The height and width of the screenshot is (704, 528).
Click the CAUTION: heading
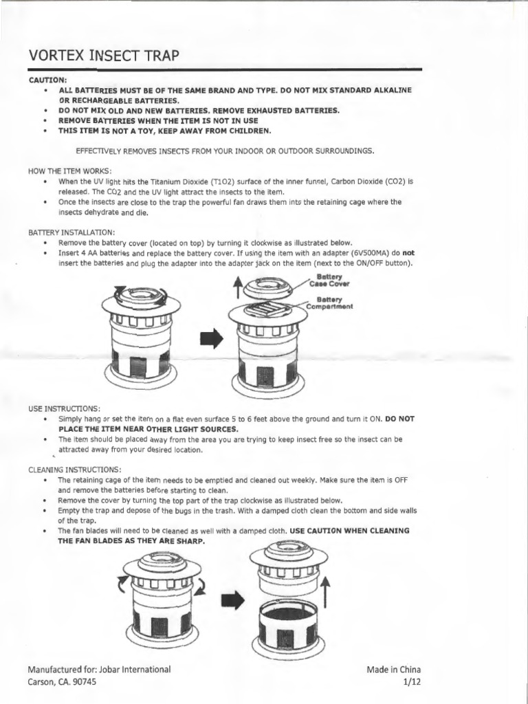click(47, 81)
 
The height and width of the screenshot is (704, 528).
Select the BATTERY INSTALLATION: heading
click(72, 233)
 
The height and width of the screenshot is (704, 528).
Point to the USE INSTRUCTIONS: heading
click(64, 408)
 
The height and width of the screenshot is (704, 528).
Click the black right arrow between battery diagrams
click(211, 337)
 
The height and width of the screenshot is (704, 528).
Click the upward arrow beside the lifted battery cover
click(239, 285)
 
